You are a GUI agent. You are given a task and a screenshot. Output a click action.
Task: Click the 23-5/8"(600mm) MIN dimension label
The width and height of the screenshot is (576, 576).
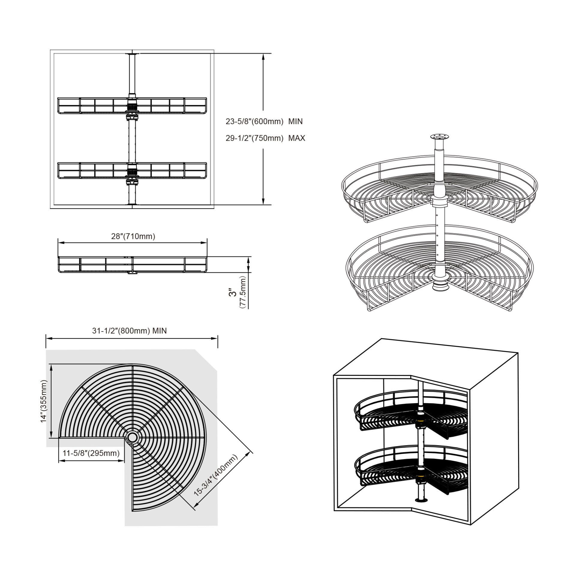(264, 121)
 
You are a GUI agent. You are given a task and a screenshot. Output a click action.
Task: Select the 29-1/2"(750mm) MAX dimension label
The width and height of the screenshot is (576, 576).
(265, 138)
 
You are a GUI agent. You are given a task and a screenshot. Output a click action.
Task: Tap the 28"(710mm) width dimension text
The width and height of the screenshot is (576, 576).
(133, 236)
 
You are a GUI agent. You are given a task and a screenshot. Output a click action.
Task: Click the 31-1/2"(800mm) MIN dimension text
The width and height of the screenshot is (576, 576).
(129, 331)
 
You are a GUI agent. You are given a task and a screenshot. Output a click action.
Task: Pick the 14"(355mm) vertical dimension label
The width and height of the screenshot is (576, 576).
(44, 401)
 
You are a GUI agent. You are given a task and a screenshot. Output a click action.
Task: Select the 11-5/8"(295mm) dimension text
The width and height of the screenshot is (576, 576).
(91, 453)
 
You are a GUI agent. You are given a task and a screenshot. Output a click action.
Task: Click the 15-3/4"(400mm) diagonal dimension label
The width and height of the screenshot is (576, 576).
(216, 479)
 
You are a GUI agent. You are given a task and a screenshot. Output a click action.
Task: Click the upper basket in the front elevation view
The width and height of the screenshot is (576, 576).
(132, 106)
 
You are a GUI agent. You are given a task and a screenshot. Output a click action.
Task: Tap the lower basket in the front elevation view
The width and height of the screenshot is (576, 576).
(132, 171)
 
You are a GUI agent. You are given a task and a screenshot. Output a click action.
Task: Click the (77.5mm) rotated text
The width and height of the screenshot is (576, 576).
(242, 292)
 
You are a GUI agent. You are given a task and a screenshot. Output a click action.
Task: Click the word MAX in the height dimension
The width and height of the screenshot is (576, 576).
(297, 138)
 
